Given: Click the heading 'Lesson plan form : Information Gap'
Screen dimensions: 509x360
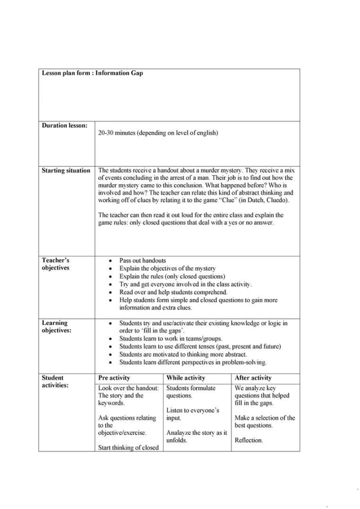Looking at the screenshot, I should pos(92,73).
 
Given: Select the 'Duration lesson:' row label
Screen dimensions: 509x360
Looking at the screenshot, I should pos(65,125).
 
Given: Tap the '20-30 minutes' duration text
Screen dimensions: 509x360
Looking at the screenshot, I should pos(158,133).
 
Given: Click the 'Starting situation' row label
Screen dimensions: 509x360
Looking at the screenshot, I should pos(66,170).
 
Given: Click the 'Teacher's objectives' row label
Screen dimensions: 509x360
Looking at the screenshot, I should pos(56,264).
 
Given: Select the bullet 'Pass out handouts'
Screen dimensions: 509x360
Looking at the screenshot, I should pos(142,260).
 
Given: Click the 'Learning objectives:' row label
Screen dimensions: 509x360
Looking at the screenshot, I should pos(57,326).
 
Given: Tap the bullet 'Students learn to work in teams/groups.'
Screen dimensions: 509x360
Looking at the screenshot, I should pos(170,339).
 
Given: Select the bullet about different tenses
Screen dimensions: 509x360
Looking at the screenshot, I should pos(200,347).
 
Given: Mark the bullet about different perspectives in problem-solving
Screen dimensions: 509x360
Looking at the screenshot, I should pos(193,362).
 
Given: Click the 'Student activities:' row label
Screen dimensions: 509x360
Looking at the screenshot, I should pos(55,381).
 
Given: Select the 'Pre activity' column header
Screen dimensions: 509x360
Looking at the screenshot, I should pos(114,378).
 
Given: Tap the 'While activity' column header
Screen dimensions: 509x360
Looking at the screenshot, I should pos(185,378).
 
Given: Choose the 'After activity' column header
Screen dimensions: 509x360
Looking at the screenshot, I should pos(253,378).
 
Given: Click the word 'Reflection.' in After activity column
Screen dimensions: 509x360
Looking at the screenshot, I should pos(248,440).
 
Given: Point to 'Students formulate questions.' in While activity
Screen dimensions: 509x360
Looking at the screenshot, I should pos(191,392).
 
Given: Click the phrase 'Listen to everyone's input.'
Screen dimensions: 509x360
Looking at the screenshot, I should pos(192,414).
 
